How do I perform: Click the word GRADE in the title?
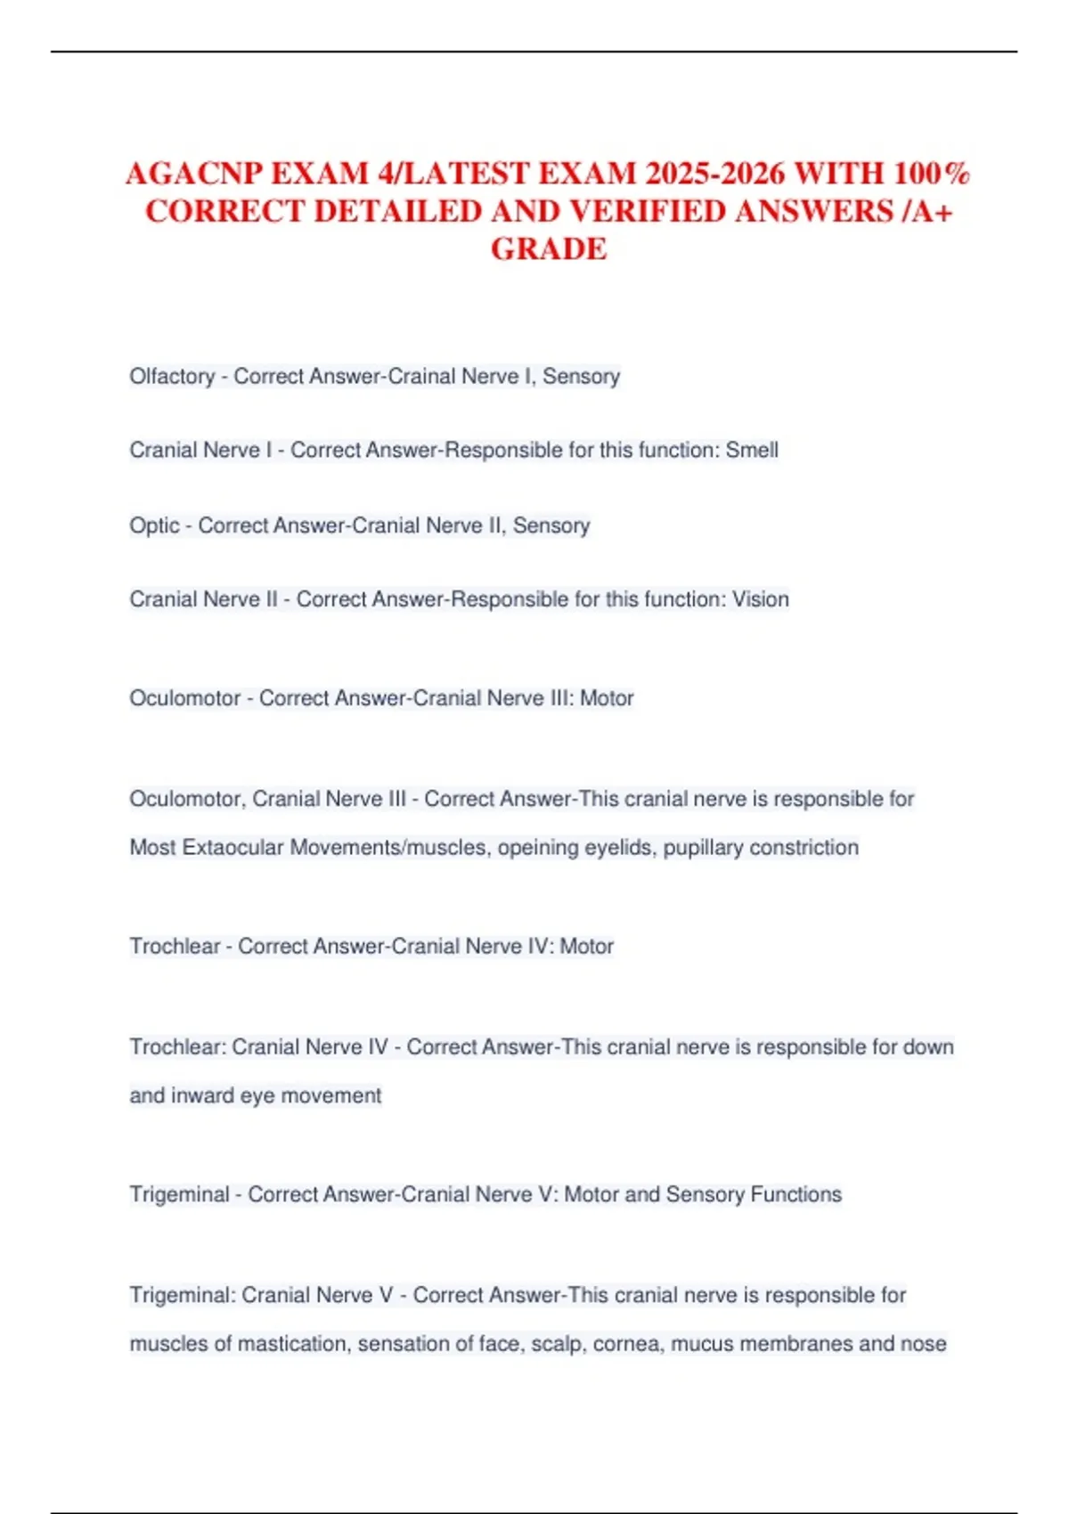point(549,248)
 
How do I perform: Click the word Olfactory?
point(172,377)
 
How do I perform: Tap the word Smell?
point(752,451)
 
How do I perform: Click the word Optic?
point(154,525)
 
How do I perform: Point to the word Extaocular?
point(233,847)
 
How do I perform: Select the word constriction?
point(804,847)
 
